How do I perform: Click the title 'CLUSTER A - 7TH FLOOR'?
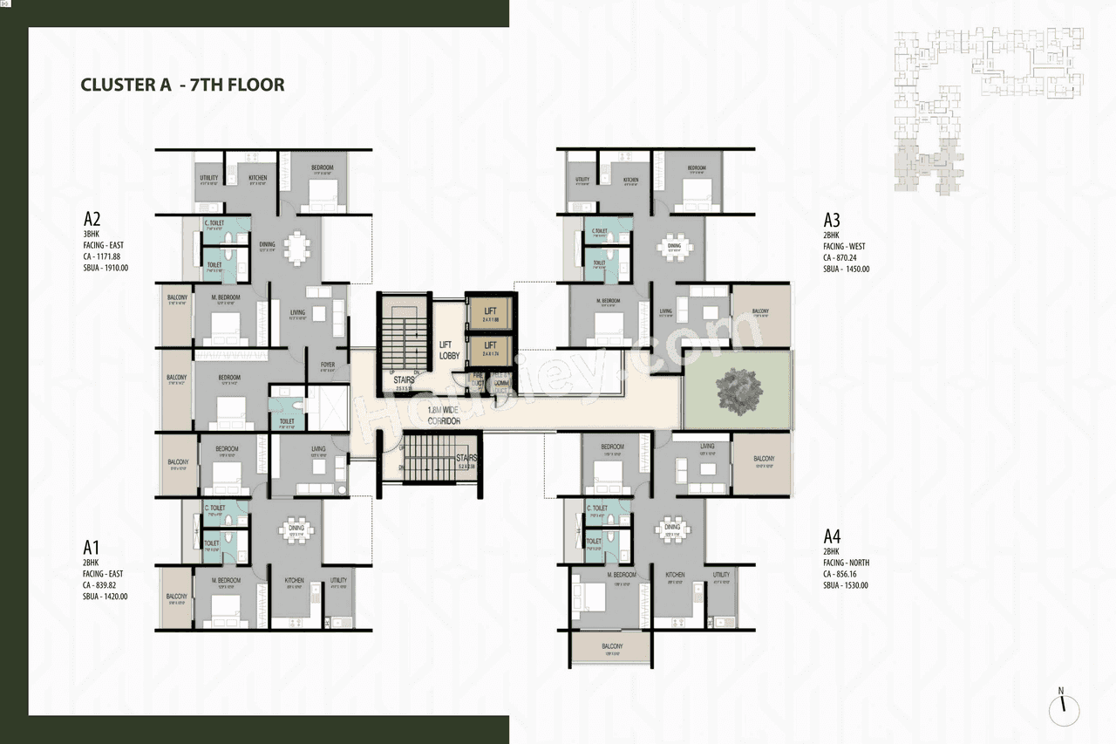tap(182, 85)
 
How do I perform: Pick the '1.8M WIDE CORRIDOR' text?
tap(444, 415)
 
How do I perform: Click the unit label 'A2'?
tap(93, 219)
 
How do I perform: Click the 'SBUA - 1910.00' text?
tap(105, 268)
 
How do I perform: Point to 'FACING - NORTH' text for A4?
tap(846, 563)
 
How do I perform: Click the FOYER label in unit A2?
tap(328, 366)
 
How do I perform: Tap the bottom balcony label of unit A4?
tap(612, 646)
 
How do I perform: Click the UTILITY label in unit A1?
tap(339, 580)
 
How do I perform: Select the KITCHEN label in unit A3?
tap(631, 180)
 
